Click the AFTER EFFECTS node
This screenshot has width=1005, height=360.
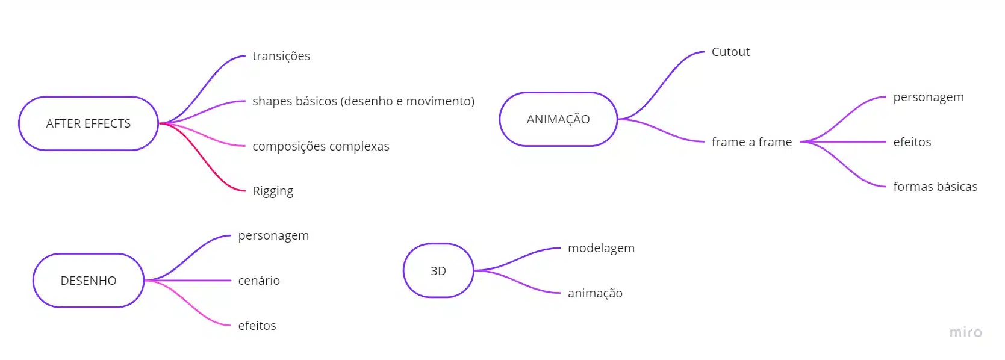89,123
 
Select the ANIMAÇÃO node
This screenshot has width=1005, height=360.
558,119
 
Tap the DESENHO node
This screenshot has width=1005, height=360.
89,281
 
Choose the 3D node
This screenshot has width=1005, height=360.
438,271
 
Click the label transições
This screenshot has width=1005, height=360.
281,56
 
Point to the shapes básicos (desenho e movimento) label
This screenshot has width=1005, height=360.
363,101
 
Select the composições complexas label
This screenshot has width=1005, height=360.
321,146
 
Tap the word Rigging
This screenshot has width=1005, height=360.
273,191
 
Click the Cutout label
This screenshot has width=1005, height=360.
730,52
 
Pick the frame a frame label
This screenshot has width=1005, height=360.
751,142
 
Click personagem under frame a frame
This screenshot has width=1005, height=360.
929,97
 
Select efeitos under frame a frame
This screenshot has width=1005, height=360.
912,142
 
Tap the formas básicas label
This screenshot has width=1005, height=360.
935,187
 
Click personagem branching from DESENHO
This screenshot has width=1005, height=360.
273,235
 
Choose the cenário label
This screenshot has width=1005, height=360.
259,281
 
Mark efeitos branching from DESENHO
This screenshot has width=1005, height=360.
257,326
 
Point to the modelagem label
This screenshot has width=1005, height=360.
601,248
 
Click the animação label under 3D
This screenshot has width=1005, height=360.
595,293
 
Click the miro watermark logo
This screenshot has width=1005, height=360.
965,332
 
